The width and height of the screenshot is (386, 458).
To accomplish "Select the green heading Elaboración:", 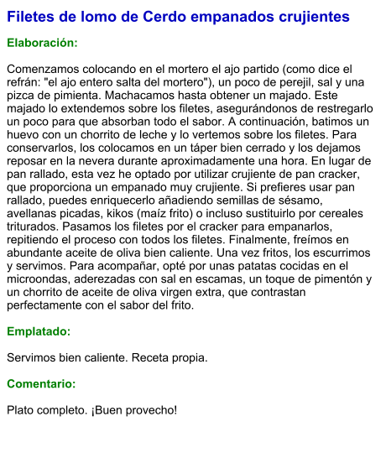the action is coord(42,44).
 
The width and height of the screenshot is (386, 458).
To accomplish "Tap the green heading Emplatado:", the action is coord(39,331).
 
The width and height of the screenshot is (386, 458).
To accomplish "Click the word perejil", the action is coord(274,82).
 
